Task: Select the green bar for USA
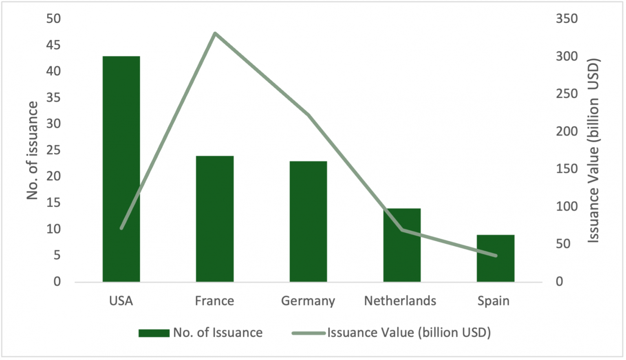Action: tap(121, 169)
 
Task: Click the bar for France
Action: tap(215, 219)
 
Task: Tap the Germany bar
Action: tap(308, 221)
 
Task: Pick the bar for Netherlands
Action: tap(402, 245)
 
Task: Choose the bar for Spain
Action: tap(496, 258)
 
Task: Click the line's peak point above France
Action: tap(215, 33)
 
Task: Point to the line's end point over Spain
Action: tap(496, 256)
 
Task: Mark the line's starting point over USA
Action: tap(121, 228)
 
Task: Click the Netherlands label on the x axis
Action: tap(400, 301)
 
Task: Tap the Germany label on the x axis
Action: tap(308, 301)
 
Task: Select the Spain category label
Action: tap(494, 301)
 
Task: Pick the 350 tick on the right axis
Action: tap(567, 19)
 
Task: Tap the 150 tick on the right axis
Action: tap(567, 169)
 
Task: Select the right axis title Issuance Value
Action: tap(593, 150)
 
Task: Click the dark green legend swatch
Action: tap(154, 333)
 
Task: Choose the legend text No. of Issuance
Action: tap(218, 333)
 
